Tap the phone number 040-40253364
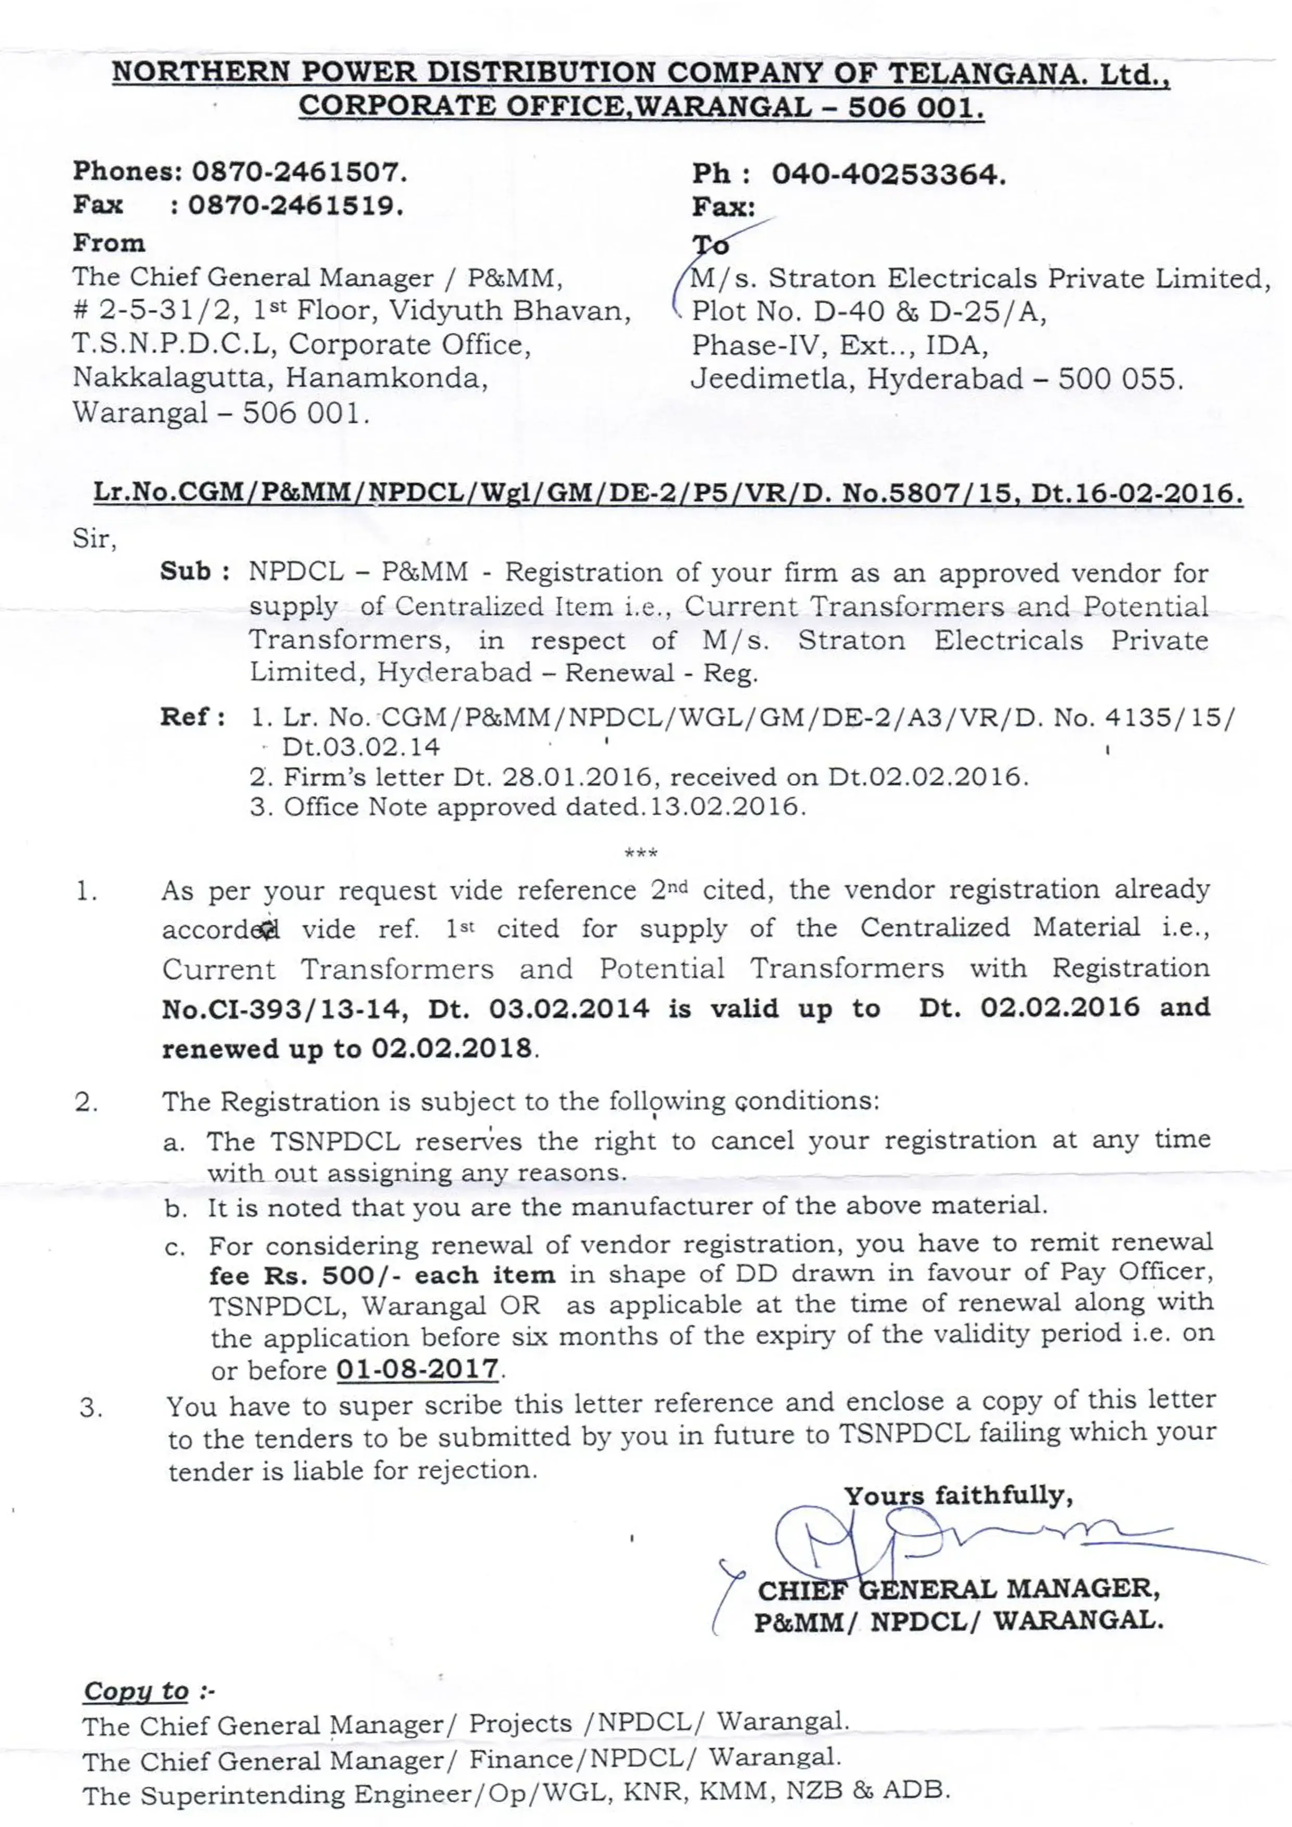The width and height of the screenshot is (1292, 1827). [x=889, y=173]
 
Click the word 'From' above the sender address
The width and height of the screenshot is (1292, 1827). [x=109, y=243]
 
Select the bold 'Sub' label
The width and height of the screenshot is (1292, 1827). [x=185, y=571]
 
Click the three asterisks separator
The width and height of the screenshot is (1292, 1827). [x=641, y=853]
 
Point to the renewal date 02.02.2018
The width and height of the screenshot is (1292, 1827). [x=452, y=1049]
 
